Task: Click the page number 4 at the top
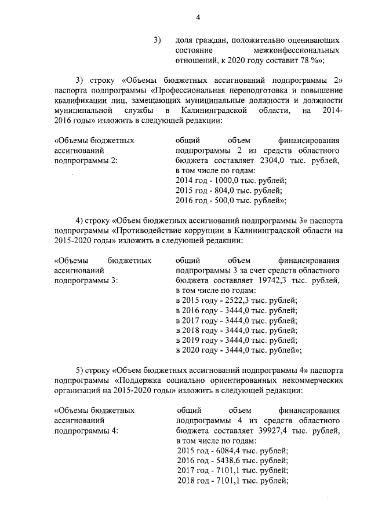(198, 17)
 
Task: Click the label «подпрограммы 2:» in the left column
(85, 161)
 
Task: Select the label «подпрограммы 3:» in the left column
(85, 280)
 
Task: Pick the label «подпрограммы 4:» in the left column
(85, 431)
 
